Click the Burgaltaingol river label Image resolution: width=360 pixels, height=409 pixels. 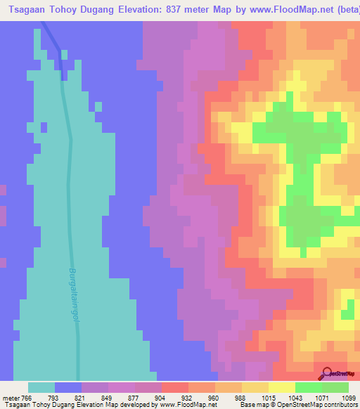coord(73,293)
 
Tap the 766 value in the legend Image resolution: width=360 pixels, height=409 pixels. coord(27,397)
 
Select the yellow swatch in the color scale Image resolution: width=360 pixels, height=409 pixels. coord(281,387)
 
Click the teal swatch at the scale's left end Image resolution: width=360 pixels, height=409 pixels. coord(41,387)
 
